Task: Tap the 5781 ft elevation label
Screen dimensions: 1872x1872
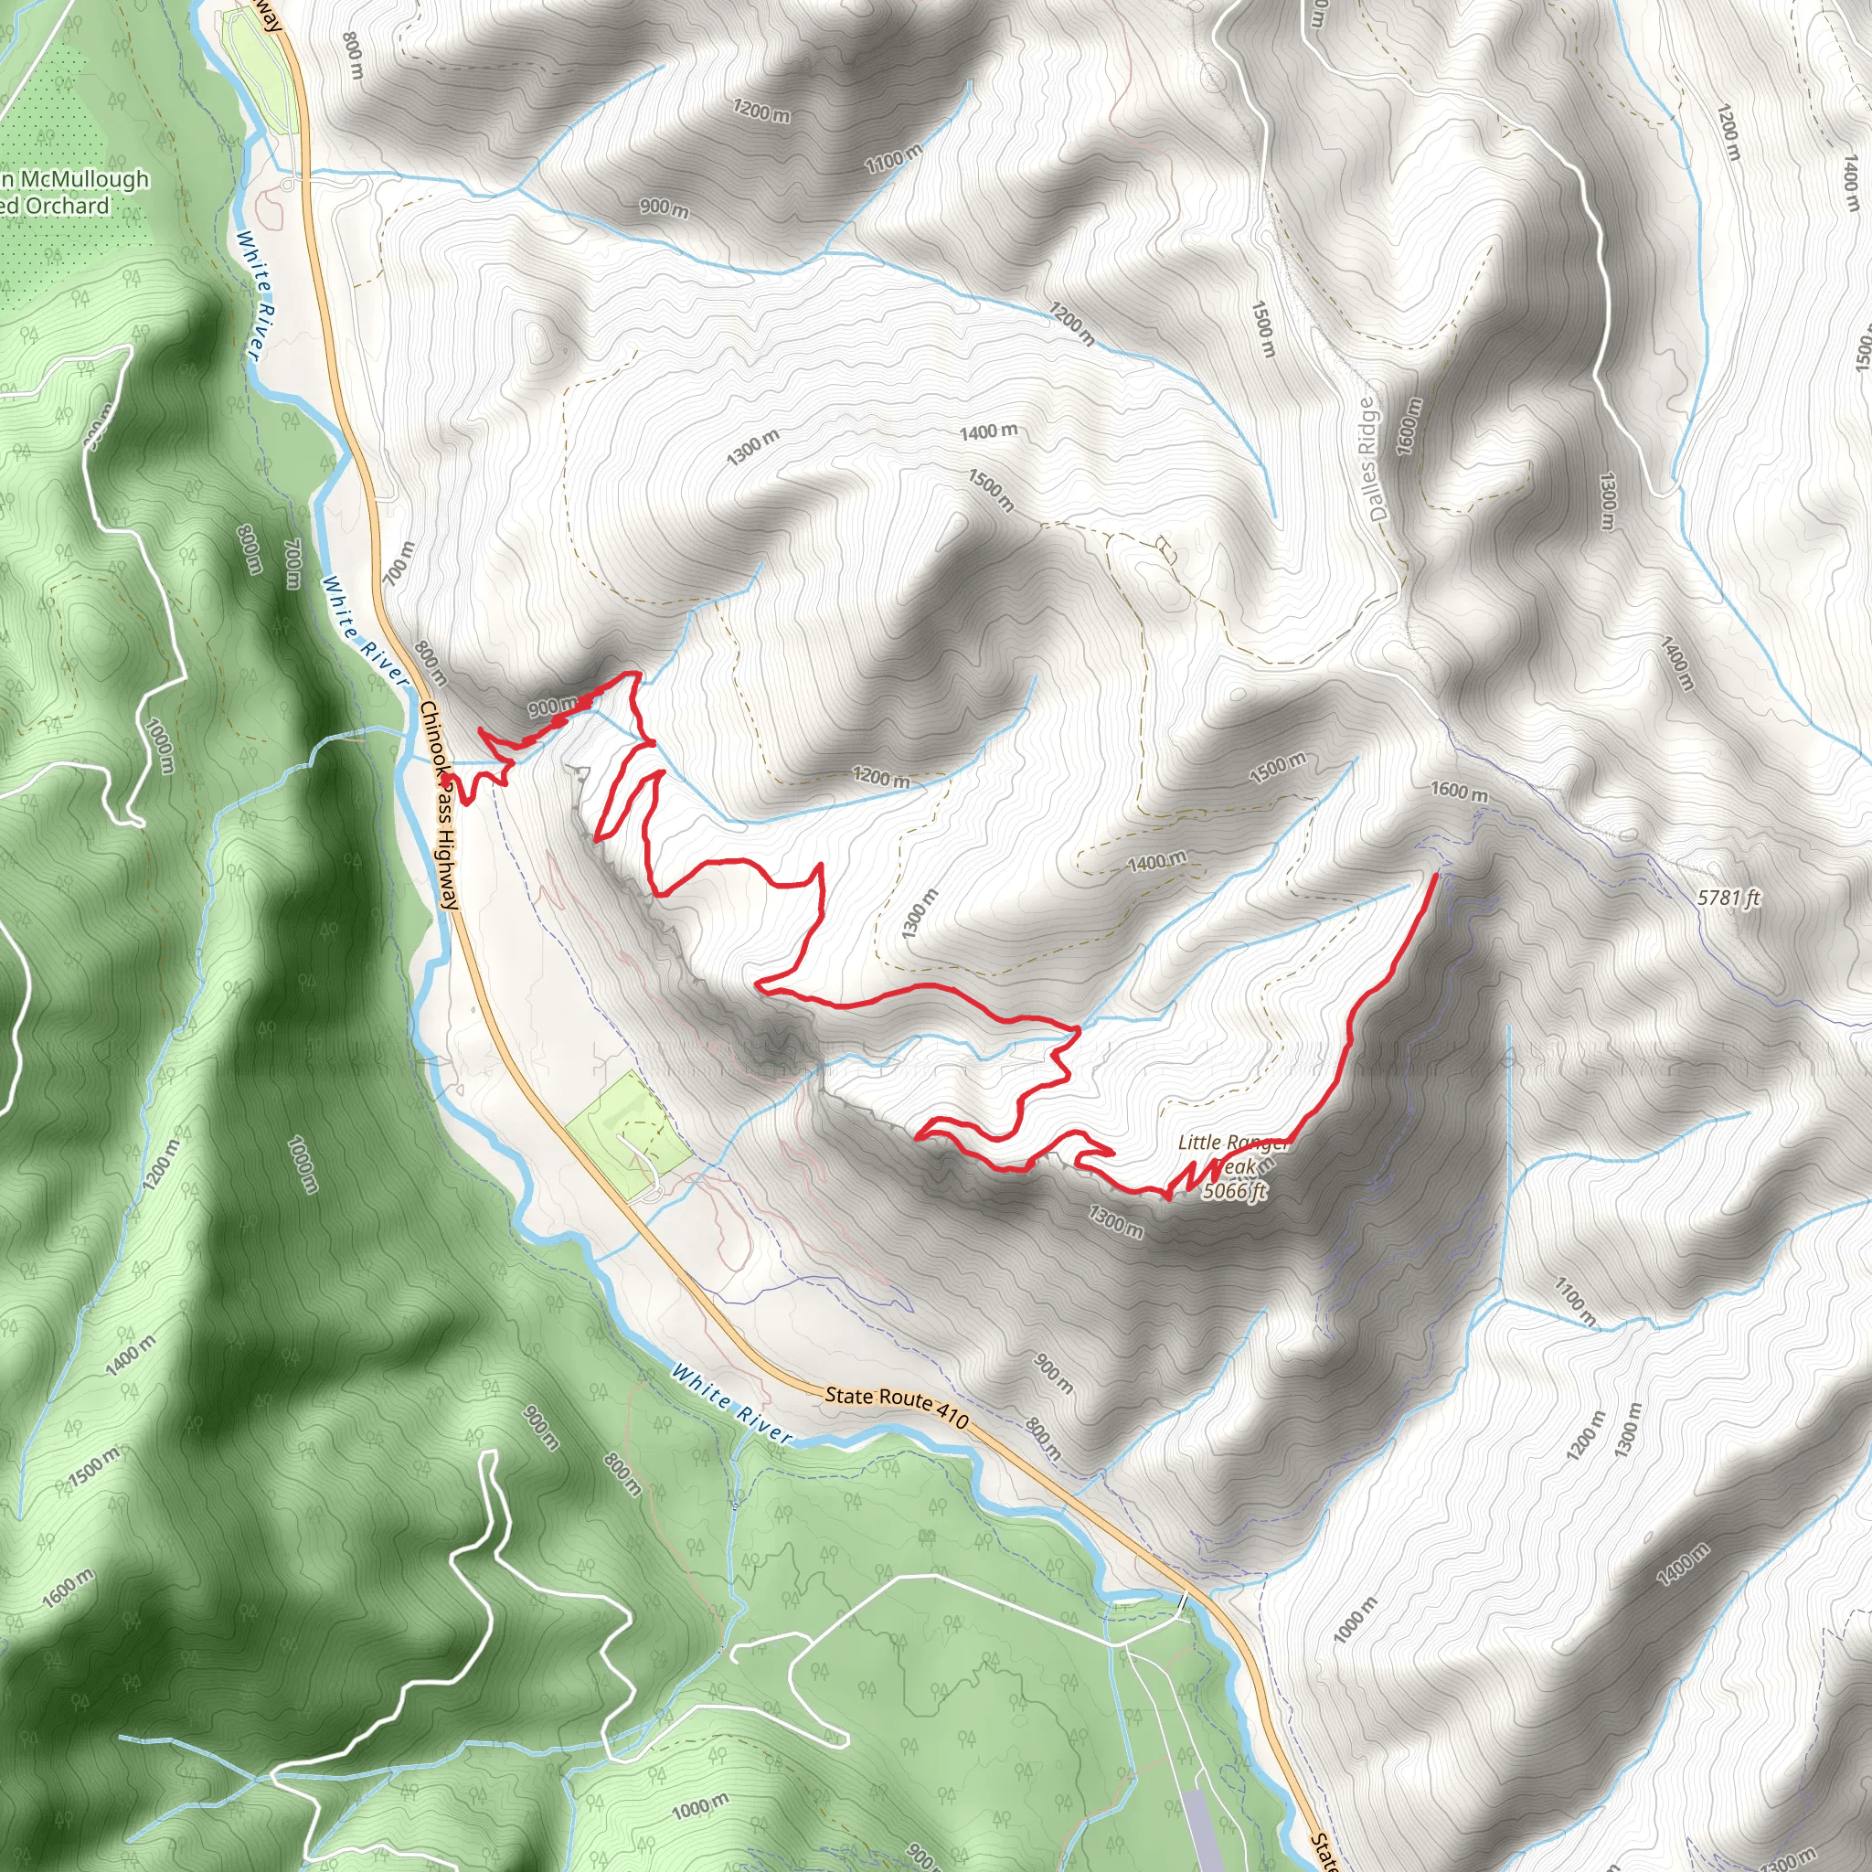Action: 1728,899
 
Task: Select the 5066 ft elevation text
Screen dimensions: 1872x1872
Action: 1234,1191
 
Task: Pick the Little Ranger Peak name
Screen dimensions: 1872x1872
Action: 1232,1154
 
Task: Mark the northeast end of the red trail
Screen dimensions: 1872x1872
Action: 1435,875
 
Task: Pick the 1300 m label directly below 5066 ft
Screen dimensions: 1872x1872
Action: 1115,1222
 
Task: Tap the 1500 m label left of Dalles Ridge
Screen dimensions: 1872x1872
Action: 1262,328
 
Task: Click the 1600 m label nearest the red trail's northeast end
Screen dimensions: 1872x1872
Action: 1459,792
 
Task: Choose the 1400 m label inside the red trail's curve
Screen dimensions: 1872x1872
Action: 1157,860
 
